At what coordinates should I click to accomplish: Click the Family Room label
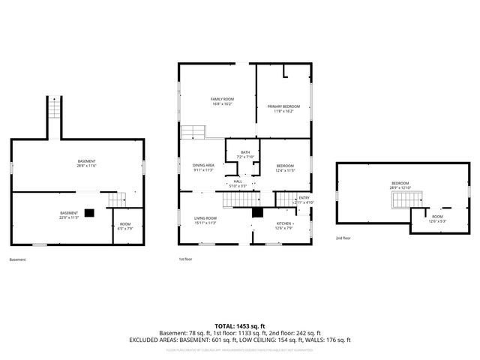(222, 99)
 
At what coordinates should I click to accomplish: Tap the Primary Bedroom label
(283, 106)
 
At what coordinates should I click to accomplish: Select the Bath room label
(245, 153)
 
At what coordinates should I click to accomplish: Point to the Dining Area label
(204, 165)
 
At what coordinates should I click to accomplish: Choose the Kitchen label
(284, 223)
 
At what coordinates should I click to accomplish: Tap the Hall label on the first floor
(238, 181)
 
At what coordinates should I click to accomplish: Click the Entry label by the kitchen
(304, 197)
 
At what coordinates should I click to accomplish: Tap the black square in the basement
(89, 212)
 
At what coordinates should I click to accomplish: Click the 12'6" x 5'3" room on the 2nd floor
(437, 218)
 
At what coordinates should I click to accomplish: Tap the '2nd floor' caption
(343, 238)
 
